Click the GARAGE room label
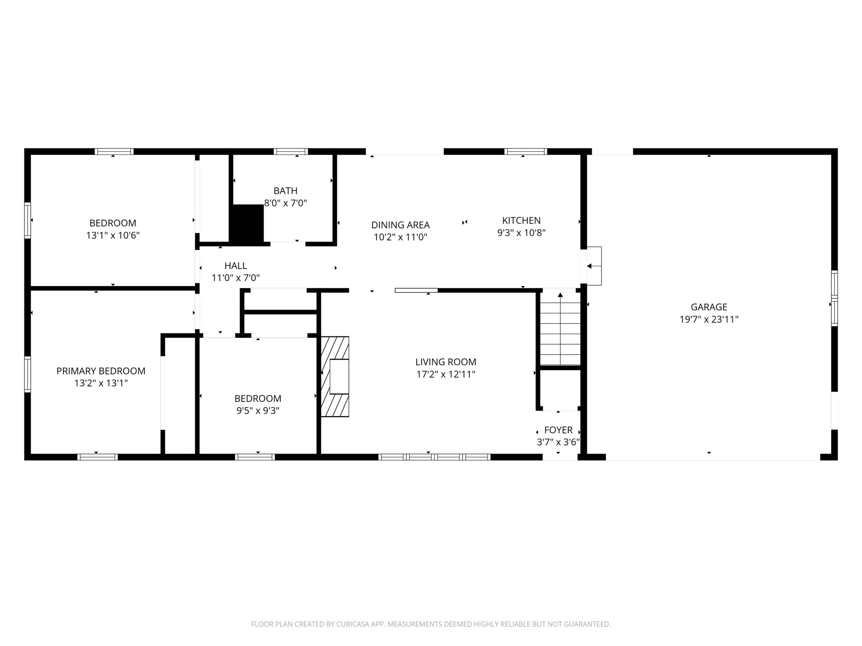pyautogui.click(x=709, y=307)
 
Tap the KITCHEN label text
pyautogui.click(x=521, y=220)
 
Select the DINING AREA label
pyautogui.click(x=401, y=225)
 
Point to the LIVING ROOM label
pyautogui.click(x=446, y=362)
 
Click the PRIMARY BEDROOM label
pyautogui.click(x=101, y=371)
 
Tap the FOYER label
pyautogui.click(x=558, y=430)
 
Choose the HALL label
pyautogui.click(x=236, y=265)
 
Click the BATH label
pyautogui.click(x=286, y=191)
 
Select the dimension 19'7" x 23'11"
pyautogui.click(x=709, y=319)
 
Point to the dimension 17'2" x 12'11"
pyautogui.click(x=446, y=374)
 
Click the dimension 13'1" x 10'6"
pyautogui.click(x=113, y=235)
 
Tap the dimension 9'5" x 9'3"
pyautogui.click(x=258, y=410)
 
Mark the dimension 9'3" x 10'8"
pyautogui.click(x=521, y=233)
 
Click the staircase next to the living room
pyautogui.click(x=560, y=329)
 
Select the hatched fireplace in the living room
pyautogui.click(x=335, y=376)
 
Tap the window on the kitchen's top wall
pyautogui.click(x=526, y=151)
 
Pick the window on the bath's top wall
pyautogui.click(x=291, y=151)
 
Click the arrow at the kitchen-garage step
pyautogui.click(x=594, y=266)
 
